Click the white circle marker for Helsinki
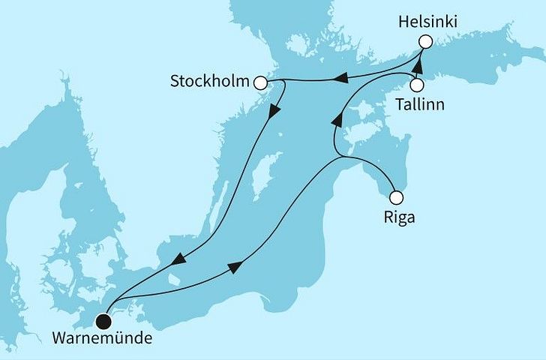pos(426,42)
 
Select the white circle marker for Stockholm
pos(261,83)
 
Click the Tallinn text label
pos(419,105)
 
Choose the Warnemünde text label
pos(101,339)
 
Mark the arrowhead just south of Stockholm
pos(274,110)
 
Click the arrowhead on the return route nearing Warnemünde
pos(178,259)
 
